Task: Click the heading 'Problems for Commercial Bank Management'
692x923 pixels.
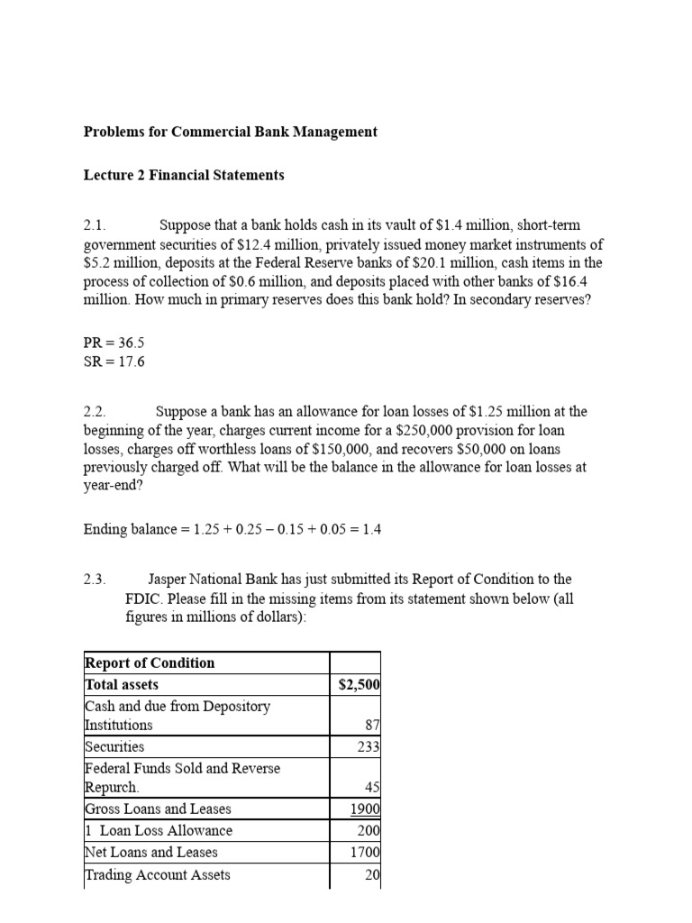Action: pyautogui.click(x=231, y=132)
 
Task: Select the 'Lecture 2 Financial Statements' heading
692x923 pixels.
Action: pyautogui.click(x=184, y=175)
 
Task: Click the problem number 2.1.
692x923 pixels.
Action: pyautogui.click(x=95, y=224)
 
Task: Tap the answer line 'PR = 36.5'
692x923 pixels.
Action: pyautogui.click(x=114, y=343)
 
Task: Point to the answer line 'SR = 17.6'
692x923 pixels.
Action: pyautogui.click(x=114, y=361)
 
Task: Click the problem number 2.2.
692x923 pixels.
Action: pyautogui.click(x=95, y=411)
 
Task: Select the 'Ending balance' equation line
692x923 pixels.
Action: pyautogui.click(x=232, y=529)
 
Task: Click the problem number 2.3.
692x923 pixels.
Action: pyautogui.click(x=95, y=579)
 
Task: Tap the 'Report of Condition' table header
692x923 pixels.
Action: pyautogui.click(x=150, y=663)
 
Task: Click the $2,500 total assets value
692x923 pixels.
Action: pyautogui.click(x=359, y=685)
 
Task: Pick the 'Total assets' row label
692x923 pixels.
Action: pyautogui.click(x=122, y=685)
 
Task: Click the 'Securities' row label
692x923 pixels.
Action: pyautogui.click(x=114, y=746)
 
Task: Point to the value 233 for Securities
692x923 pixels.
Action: pyautogui.click(x=368, y=746)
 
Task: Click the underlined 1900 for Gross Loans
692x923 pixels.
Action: pyautogui.click(x=365, y=809)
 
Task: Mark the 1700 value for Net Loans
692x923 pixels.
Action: pyautogui.click(x=365, y=852)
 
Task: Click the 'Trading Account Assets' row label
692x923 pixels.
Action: pyautogui.click(x=157, y=874)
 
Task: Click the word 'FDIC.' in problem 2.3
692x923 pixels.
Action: pyautogui.click(x=144, y=598)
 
